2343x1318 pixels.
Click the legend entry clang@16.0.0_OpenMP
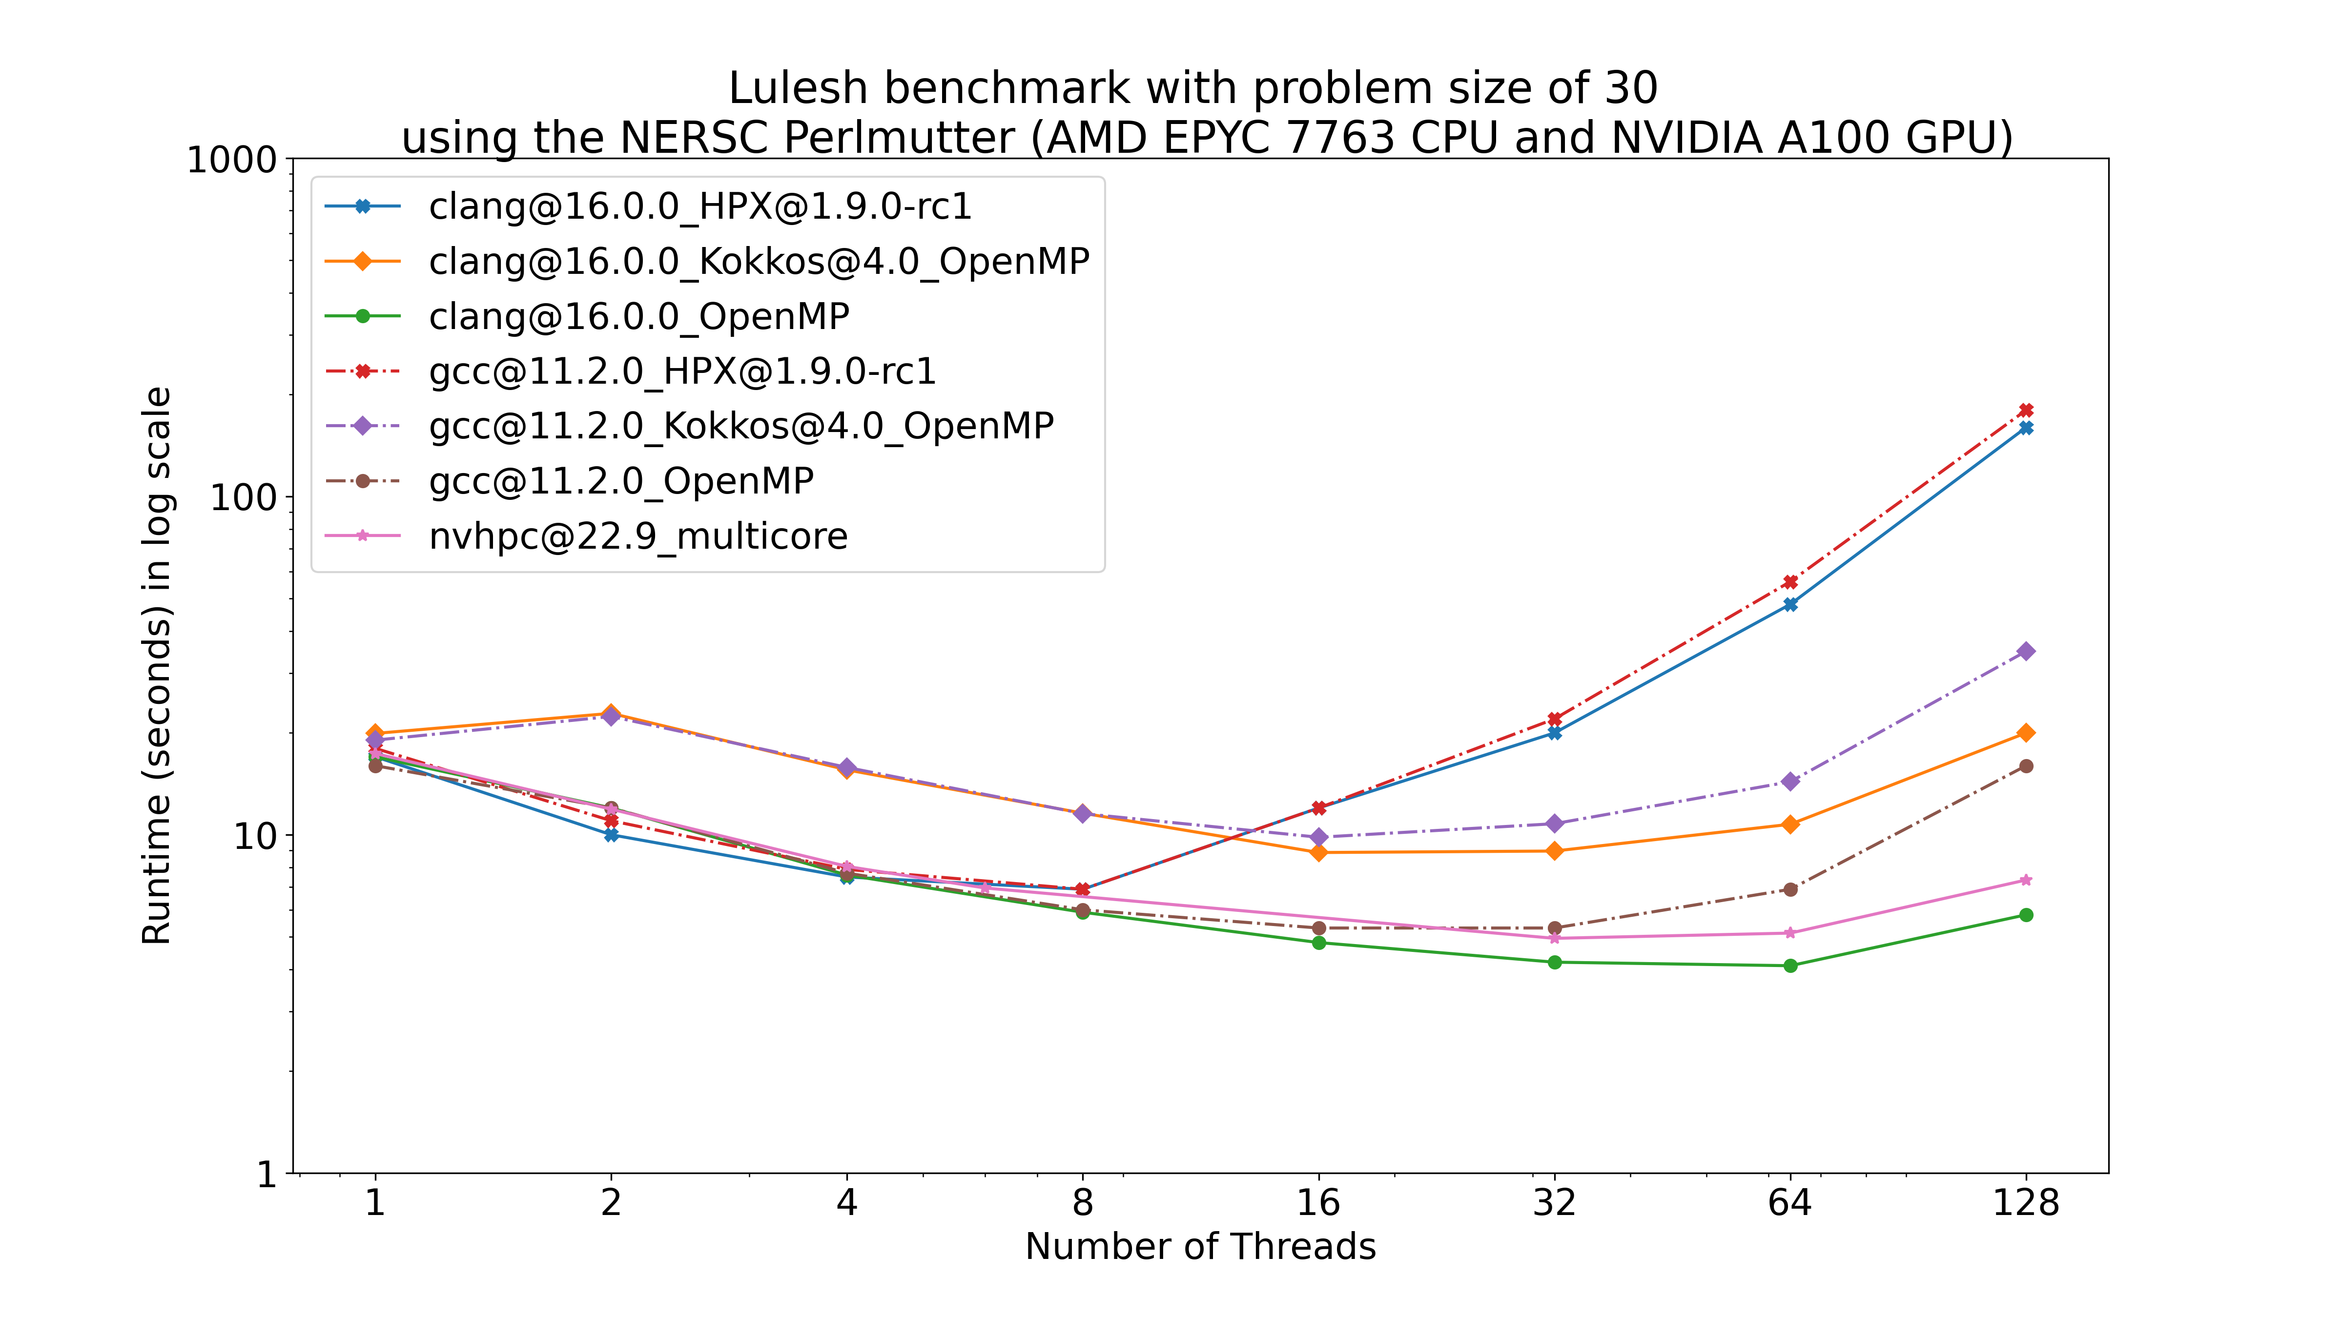pyautogui.click(x=638, y=316)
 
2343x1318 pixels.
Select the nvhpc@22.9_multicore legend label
pyautogui.click(x=637, y=536)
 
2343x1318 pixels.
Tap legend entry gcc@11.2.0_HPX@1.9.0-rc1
pyautogui.click(x=682, y=371)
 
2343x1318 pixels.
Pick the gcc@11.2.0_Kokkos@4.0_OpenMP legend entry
pyautogui.click(x=741, y=426)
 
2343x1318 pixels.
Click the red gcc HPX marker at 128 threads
pyautogui.click(x=2026, y=410)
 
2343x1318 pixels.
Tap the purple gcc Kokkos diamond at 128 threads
pyautogui.click(x=2026, y=651)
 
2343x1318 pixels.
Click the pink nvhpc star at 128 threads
pyautogui.click(x=2026, y=881)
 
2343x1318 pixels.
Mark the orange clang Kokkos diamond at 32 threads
pyautogui.click(x=1554, y=851)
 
